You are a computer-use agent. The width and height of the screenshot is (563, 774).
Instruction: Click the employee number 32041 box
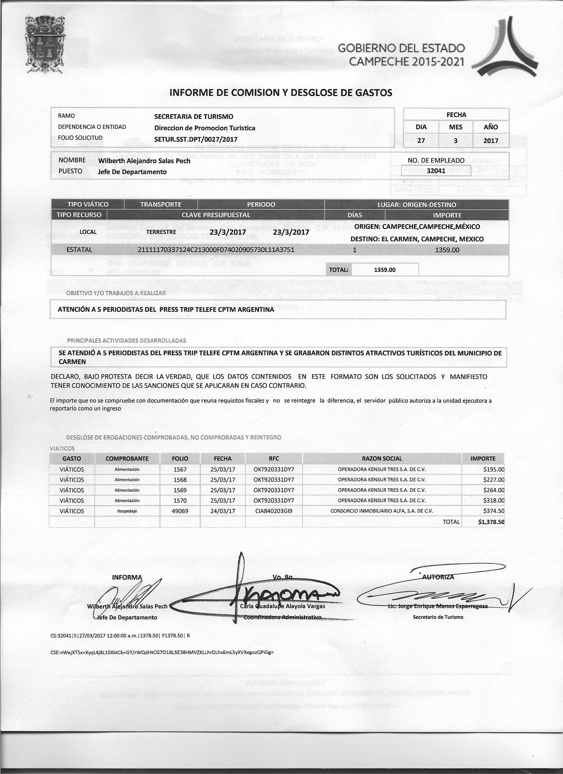[436, 170]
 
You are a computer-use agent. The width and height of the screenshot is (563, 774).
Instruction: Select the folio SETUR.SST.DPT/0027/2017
[196, 139]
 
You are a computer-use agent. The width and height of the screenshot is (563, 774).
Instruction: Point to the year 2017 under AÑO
[490, 141]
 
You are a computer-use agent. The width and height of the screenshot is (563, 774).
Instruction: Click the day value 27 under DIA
[421, 141]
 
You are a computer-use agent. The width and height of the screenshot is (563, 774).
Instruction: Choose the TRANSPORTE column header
[161, 204]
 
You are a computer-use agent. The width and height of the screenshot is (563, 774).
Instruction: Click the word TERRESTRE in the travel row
[161, 232]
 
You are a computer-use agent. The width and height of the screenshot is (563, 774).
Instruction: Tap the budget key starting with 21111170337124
[216, 250]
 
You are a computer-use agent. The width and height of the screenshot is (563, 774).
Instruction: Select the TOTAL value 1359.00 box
[385, 269]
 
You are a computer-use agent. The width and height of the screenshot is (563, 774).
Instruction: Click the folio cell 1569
[180, 490]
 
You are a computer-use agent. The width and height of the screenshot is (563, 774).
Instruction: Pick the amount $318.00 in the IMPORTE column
[494, 501]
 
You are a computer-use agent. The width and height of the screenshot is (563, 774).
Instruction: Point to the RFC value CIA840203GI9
[274, 511]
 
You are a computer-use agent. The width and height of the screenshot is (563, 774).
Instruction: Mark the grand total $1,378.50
[491, 522]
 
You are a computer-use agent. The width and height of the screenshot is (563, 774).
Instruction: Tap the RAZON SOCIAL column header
[382, 459]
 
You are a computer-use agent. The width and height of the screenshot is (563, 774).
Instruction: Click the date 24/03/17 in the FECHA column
[223, 511]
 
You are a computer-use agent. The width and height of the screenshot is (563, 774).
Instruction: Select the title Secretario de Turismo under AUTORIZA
[438, 617]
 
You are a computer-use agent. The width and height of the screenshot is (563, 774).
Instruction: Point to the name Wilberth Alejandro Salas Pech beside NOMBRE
[144, 161]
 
